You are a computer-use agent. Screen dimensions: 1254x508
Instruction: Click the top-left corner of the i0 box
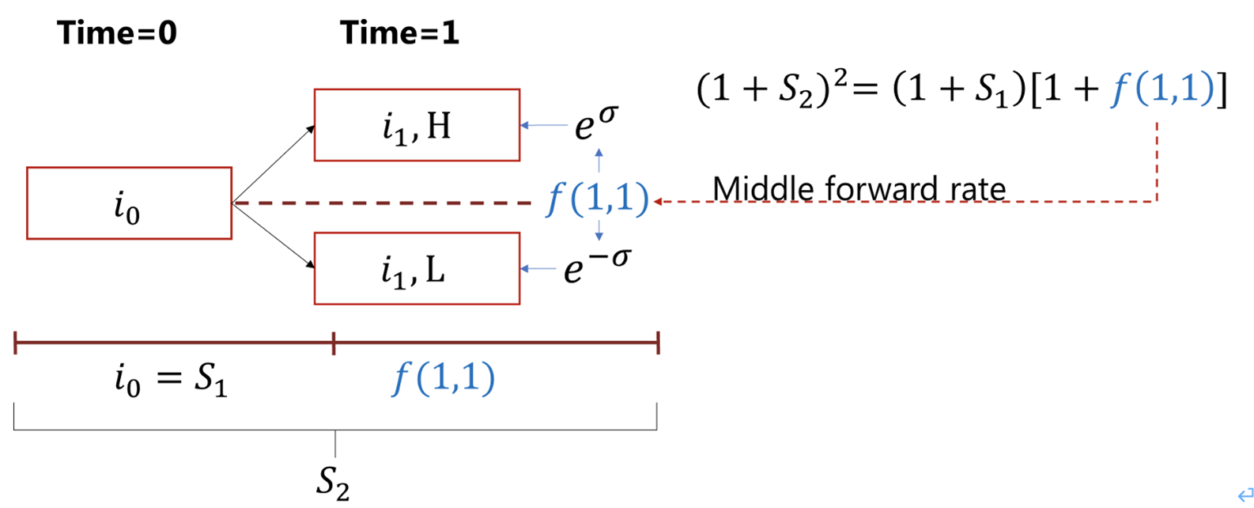point(28,168)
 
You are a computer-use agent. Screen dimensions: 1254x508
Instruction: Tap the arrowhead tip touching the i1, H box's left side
point(314,127)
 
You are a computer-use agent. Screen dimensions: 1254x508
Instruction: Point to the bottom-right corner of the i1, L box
point(519,304)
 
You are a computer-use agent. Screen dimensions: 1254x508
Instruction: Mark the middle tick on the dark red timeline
point(334,343)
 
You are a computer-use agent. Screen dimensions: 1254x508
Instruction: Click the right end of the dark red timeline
point(659,343)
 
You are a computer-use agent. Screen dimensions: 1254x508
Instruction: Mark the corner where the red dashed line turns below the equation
point(1157,201)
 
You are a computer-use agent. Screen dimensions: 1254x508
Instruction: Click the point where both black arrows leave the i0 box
point(232,203)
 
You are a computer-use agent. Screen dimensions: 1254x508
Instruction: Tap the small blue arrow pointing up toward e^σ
point(599,160)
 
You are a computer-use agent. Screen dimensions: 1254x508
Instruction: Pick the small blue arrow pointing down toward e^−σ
point(599,230)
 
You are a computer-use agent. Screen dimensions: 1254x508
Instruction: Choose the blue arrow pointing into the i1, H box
point(544,125)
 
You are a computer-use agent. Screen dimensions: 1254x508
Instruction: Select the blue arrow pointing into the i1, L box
point(538,269)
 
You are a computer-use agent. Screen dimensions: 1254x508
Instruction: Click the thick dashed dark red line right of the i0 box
point(382,203)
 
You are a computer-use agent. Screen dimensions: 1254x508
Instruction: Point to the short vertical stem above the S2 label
point(335,444)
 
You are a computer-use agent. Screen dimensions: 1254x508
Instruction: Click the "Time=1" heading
point(399,32)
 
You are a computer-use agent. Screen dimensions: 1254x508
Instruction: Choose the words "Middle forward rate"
point(859,188)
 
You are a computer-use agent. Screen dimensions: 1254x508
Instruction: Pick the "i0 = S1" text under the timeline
point(171,379)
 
